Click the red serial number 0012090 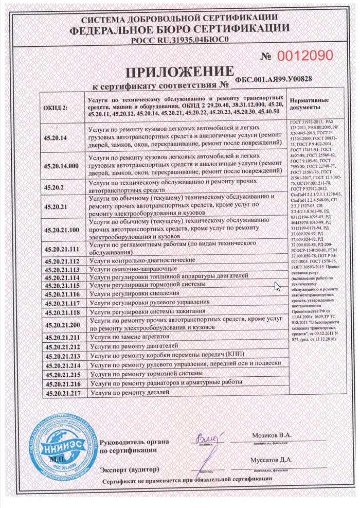tap(305, 55)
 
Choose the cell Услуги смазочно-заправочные tap(133, 269)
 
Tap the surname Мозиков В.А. tap(272, 435)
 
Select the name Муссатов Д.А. tap(271, 460)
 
